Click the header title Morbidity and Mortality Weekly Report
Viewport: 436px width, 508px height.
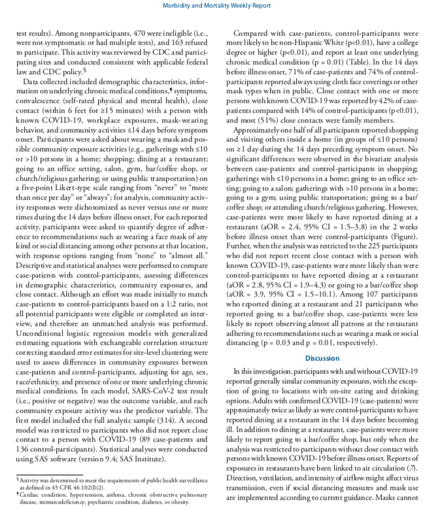218,6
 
